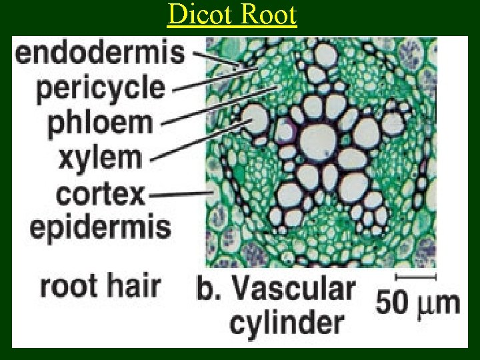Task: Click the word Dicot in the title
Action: pos(197,15)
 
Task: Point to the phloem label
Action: pos(100,124)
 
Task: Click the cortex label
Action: pos(100,194)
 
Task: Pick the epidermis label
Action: pos(101,228)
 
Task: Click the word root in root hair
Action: pos(71,286)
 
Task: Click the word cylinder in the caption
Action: pos(287,323)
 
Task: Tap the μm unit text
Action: pos(437,303)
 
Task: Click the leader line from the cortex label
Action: pos(180,194)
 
